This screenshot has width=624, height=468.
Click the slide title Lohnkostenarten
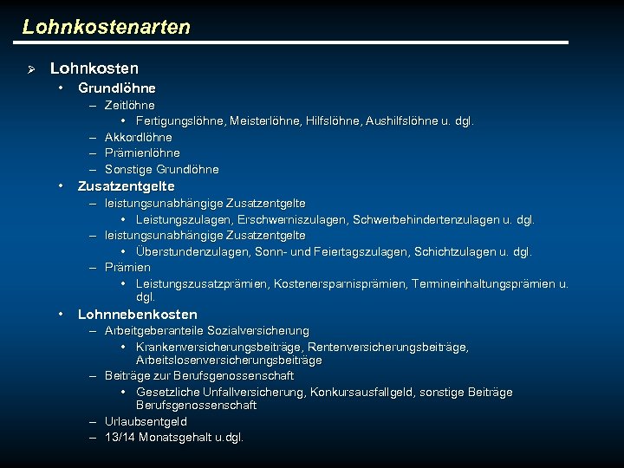click(x=106, y=27)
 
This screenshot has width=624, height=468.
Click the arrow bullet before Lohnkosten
click(x=29, y=68)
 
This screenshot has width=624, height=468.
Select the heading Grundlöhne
click(x=116, y=88)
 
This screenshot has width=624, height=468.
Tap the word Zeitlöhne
click(x=129, y=106)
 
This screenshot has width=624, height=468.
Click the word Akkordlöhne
click(x=138, y=137)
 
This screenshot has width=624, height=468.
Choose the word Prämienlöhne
click(x=142, y=153)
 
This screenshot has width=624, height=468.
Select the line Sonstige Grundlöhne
click(x=161, y=169)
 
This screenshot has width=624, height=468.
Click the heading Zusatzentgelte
click(x=126, y=186)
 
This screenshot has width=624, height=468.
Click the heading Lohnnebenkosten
click(x=137, y=315)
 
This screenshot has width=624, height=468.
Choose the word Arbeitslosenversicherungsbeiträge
click(x=229, y=360)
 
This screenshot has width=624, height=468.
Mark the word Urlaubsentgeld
click(x=146, y=421)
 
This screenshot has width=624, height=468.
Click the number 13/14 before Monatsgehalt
click(x=120, y=438)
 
